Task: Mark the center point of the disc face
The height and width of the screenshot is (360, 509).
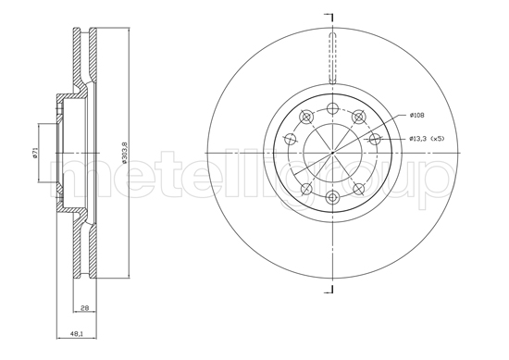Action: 331,153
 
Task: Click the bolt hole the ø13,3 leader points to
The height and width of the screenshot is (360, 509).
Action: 375,139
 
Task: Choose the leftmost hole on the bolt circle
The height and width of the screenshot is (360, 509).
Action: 289,140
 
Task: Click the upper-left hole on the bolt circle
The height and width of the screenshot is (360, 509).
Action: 305,117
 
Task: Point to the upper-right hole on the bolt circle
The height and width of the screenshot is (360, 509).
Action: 358,116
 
